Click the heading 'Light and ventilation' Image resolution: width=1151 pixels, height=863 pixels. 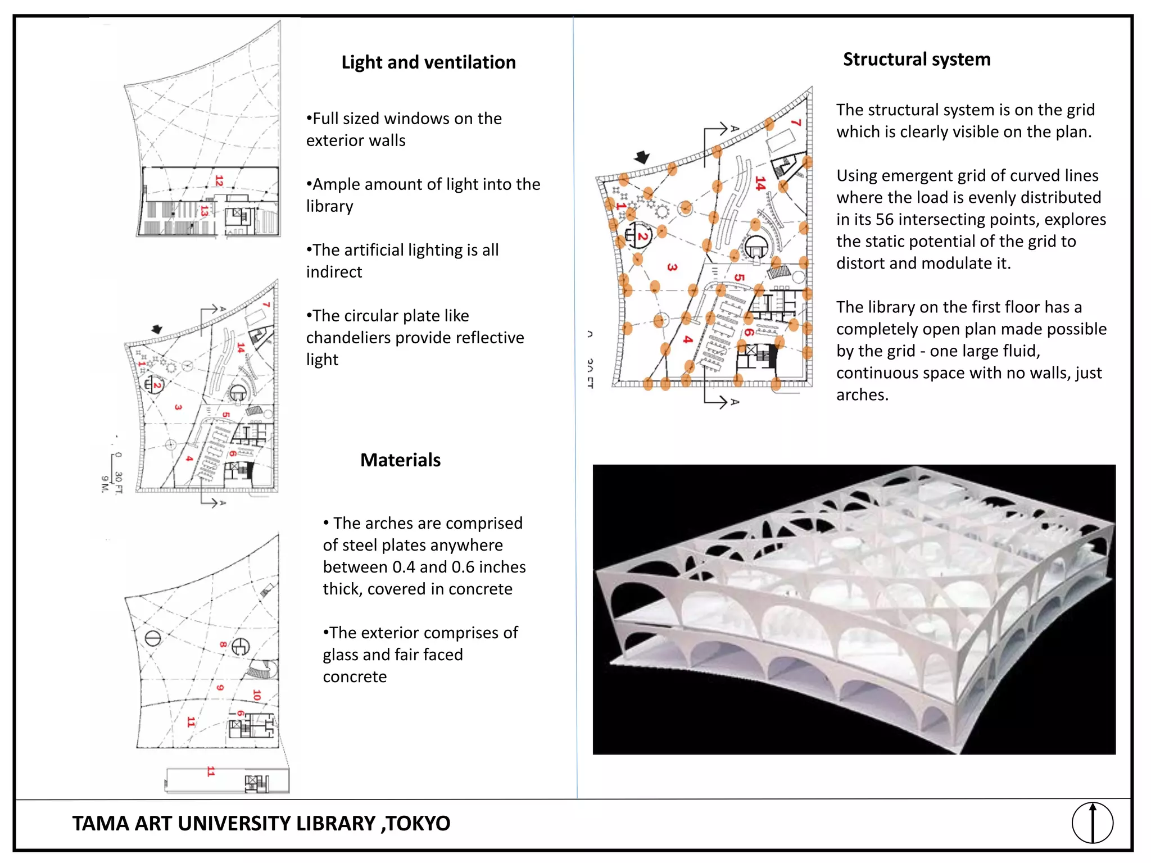(428, 62)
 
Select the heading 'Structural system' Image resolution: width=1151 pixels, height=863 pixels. (916, 60)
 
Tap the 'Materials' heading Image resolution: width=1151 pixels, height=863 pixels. (400, 460)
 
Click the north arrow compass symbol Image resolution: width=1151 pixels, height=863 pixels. (1092, 823)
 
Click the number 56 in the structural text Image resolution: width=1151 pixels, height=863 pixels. (885, 220)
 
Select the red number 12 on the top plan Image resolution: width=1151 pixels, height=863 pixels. (219, 181)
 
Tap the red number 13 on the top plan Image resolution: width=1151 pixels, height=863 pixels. (204, 211)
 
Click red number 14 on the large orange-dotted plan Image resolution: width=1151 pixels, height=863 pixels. (760, 184)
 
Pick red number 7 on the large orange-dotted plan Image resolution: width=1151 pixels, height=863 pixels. (796, 122)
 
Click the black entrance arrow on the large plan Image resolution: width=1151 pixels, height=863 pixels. (642, 157)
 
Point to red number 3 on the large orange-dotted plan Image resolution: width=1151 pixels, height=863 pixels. (672, 267)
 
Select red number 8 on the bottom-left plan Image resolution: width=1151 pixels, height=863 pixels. (223, 644)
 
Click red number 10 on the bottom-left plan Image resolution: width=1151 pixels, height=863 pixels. (257, 695)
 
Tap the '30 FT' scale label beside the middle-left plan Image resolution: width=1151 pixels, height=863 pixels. (119, 482)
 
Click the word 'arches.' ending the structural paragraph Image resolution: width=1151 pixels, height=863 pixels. (862, 395)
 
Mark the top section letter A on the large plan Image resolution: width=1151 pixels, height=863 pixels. (734, 129)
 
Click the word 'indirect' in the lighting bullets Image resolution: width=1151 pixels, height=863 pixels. (334, 272)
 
